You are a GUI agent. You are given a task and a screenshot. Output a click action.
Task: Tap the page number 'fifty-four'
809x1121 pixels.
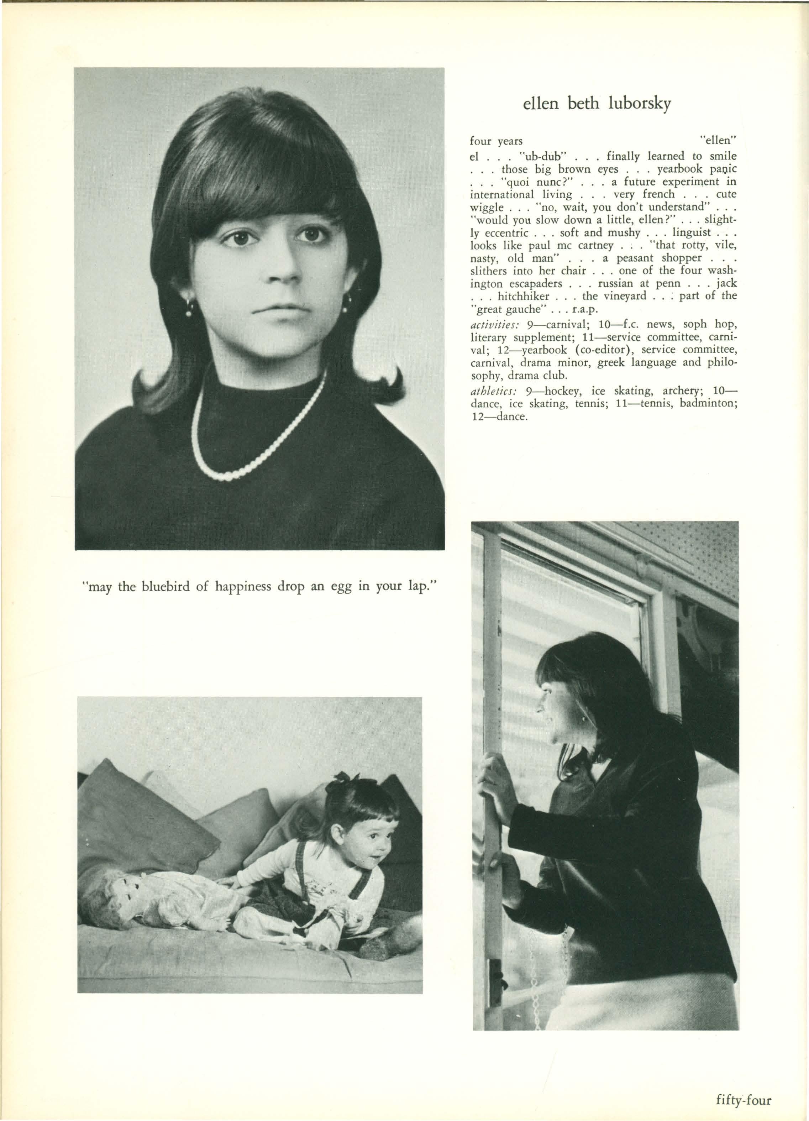pos(743,1097)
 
